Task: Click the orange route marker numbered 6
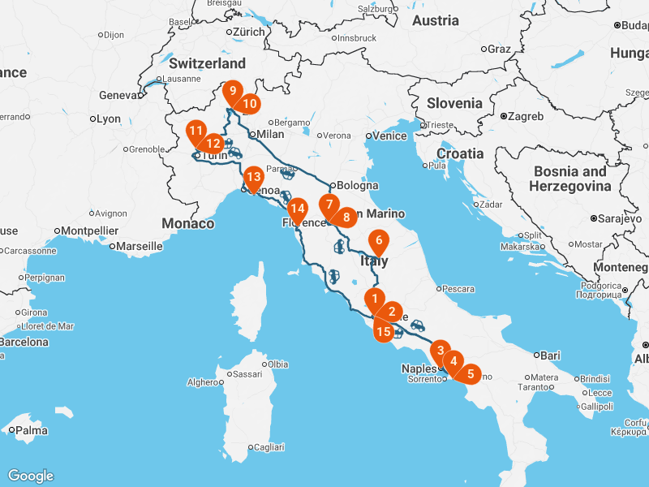(x=378, y=241)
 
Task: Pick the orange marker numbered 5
(x=469, y=373)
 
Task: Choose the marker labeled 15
(x=384, y=331)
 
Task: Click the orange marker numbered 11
(x=196, y=131)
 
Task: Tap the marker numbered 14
(x=297, y=208)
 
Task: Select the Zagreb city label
(x=527, y=116)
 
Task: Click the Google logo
(x=31, y=476)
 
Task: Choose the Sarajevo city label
(x=621, y=218)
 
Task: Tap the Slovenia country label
(x=455, y=103)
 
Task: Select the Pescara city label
(x=458, y=288)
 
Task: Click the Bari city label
(x=550, y=356)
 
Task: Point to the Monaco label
(x=188, y=223)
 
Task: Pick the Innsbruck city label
(x=356, y=38)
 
